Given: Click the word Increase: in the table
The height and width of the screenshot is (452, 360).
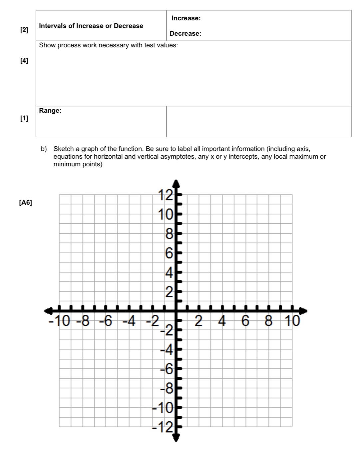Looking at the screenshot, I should pos(186,18).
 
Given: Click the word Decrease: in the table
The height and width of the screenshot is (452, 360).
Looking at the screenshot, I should pos(185,34).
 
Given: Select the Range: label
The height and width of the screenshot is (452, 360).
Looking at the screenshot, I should pos(50,111).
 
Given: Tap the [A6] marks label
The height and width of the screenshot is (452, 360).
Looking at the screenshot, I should pos(26,203).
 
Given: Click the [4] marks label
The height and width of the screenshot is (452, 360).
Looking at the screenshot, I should pos(24,61).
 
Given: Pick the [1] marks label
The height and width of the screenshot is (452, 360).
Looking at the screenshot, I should pos(24,118).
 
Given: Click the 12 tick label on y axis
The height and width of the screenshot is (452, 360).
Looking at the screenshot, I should pos(165,195).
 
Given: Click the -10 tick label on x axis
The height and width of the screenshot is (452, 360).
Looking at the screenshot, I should pos(60,321).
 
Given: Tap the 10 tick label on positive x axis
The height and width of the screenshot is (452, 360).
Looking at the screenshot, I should pos(292,321).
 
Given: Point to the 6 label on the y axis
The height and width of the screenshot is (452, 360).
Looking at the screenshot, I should pos(169,254).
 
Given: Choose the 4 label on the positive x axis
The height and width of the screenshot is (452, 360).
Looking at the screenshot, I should pos(222,321).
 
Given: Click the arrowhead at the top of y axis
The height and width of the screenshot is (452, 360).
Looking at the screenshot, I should pos(176,182).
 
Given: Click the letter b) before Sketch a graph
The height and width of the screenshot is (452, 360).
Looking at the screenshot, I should pos(44,149).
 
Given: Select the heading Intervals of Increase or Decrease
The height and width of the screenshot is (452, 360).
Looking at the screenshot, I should pos(91,26).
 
